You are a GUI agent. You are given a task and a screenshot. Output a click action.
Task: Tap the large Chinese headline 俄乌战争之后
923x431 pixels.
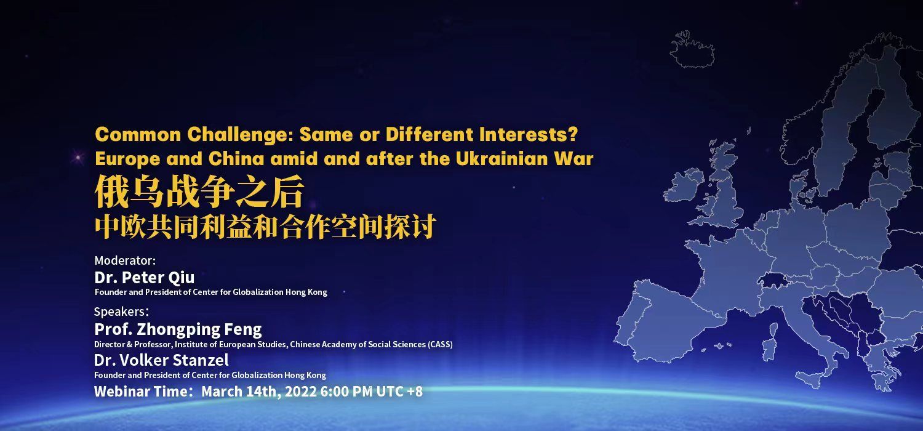click(x=199, y=191)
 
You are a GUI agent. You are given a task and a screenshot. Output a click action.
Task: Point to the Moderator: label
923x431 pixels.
click(x=126, y=260)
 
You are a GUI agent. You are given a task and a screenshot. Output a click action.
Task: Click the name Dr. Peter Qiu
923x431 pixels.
click(x=144, y=278)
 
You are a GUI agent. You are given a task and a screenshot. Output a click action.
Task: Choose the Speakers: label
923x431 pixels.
click(x=122, y=312)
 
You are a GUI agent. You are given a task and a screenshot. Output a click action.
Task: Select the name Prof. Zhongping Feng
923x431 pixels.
click(x=178, y=329)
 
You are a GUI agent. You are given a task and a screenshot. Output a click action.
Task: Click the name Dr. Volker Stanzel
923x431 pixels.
click(x=161, y=360)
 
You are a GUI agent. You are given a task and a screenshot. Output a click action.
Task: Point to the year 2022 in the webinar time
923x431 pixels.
click(x=300, y=392)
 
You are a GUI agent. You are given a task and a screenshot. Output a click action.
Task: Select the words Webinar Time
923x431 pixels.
click(x=140, y=392)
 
